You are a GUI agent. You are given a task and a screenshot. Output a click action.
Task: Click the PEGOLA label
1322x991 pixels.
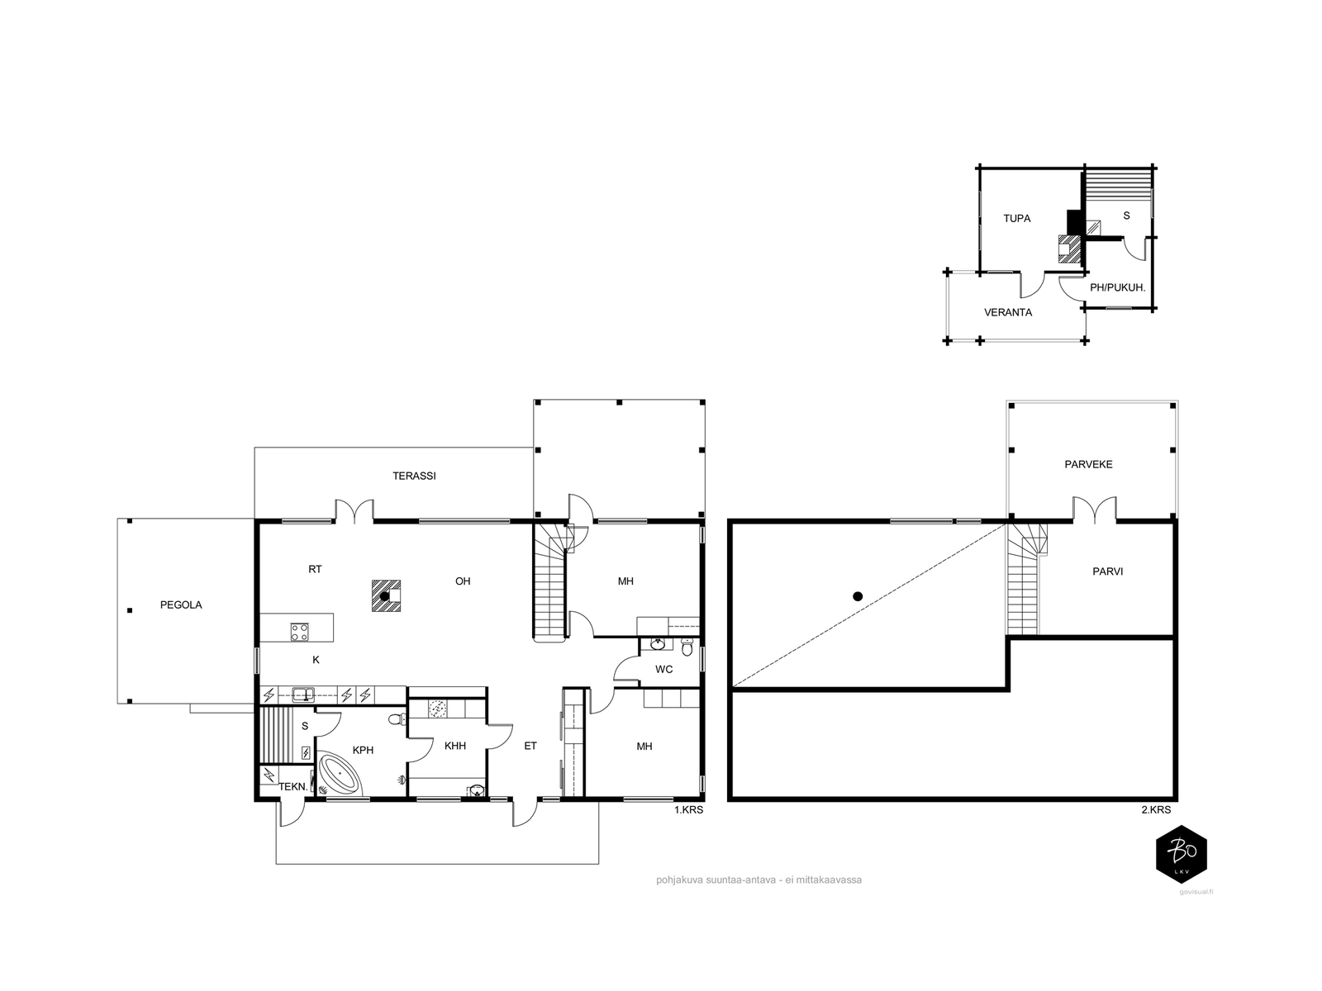[x=181, y=605]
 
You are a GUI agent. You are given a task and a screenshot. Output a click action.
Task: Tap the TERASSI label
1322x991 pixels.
[x=414, y=476]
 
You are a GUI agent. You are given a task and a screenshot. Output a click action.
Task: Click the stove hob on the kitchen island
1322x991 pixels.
[x=300, y=633]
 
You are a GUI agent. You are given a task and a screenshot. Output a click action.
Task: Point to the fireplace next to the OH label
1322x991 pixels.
[x=386, y=595]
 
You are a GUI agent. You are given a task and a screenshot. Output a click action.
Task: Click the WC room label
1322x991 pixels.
[x=663, y=669]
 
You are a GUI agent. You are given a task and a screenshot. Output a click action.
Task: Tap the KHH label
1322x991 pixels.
[x=454, y=746]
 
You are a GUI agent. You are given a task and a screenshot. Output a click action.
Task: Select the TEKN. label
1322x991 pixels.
[x=293, y=786]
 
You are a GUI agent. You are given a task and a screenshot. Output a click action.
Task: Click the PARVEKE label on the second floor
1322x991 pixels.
[x=1088, y=464]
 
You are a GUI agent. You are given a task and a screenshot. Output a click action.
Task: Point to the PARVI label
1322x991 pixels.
[x=1108, y=571]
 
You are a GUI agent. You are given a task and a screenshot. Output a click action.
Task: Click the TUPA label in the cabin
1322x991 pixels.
[x=1016, y=218]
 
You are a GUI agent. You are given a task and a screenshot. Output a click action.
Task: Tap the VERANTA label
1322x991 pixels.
[x=1007, y=312]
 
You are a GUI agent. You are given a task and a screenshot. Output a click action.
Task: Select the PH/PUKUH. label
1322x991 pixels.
[x=1117, y=287]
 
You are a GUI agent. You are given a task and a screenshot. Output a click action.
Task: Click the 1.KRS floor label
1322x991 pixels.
[x=688, y=810]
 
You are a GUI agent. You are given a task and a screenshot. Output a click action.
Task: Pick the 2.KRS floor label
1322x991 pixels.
[x=1156, y=810]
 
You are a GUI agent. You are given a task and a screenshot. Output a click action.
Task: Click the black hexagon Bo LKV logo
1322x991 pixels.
[x=1181, y=854]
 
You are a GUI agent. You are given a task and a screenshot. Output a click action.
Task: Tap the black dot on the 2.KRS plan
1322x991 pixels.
[x=858, y=596]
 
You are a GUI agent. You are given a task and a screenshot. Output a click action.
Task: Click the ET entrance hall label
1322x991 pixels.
[x=530, y=746]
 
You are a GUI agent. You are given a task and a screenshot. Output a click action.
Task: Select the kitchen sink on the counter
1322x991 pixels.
[x=303, y=695]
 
